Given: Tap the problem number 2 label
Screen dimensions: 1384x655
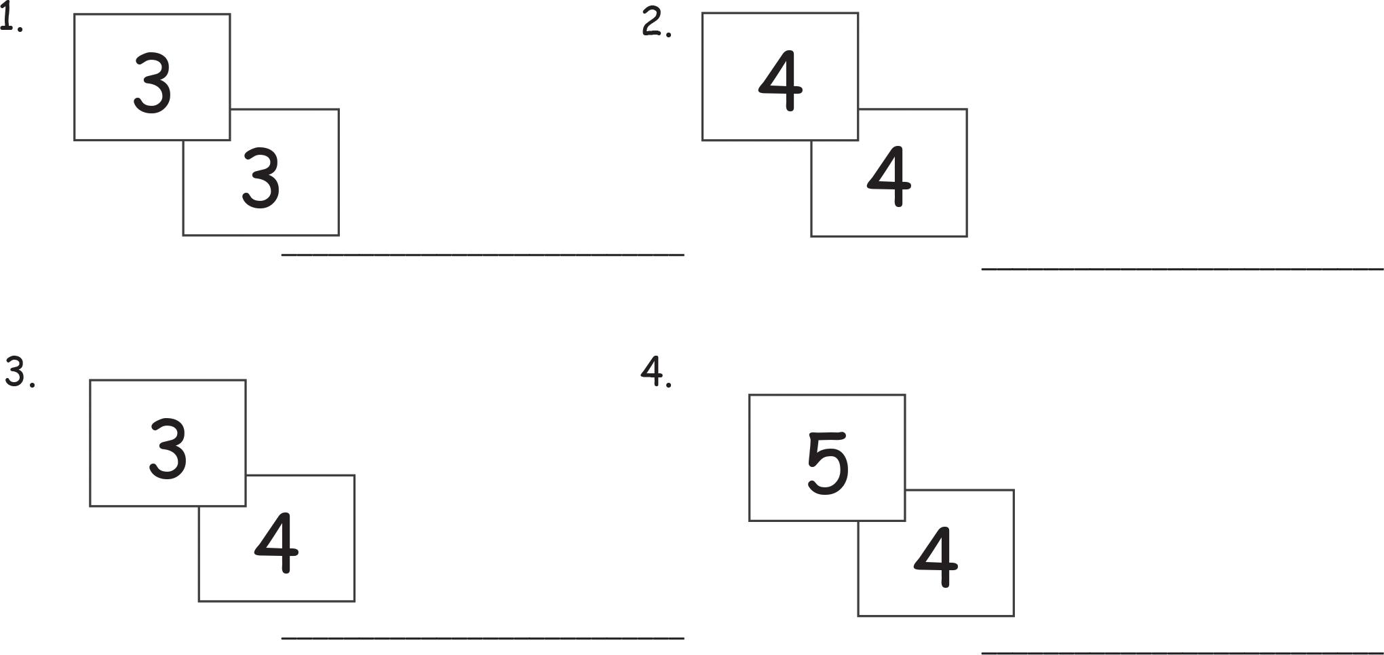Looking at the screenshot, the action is coord(655,24).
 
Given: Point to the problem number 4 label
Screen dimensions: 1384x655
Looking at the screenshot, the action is coord(655,372).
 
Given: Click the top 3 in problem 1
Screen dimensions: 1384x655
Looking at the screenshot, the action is coord(152,83).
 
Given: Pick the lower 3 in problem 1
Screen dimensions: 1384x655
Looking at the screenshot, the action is coord(261,179).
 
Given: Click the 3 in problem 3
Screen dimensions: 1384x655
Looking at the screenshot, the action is coord(168,449).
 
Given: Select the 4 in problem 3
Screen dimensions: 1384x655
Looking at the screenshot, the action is coord(276,544).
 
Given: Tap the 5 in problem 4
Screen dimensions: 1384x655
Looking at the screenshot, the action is coord(828,463).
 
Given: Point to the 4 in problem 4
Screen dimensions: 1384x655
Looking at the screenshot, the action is coord(936,559).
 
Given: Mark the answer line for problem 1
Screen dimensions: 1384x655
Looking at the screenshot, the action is coord(482,255).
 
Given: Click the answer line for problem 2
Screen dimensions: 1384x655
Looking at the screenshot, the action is coord(1182,269).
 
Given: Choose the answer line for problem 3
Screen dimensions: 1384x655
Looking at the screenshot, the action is coord(482,637).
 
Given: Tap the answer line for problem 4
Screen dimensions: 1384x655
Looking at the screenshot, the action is coord(1182,652).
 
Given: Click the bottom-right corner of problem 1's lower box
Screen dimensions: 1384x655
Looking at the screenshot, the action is coord(339,235).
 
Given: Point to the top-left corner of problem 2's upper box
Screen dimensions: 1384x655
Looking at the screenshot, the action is coord(703,13).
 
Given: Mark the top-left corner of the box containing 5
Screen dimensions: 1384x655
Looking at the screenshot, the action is coord(750,395).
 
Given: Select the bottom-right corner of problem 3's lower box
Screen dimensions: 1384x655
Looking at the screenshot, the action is coord(354,601).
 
